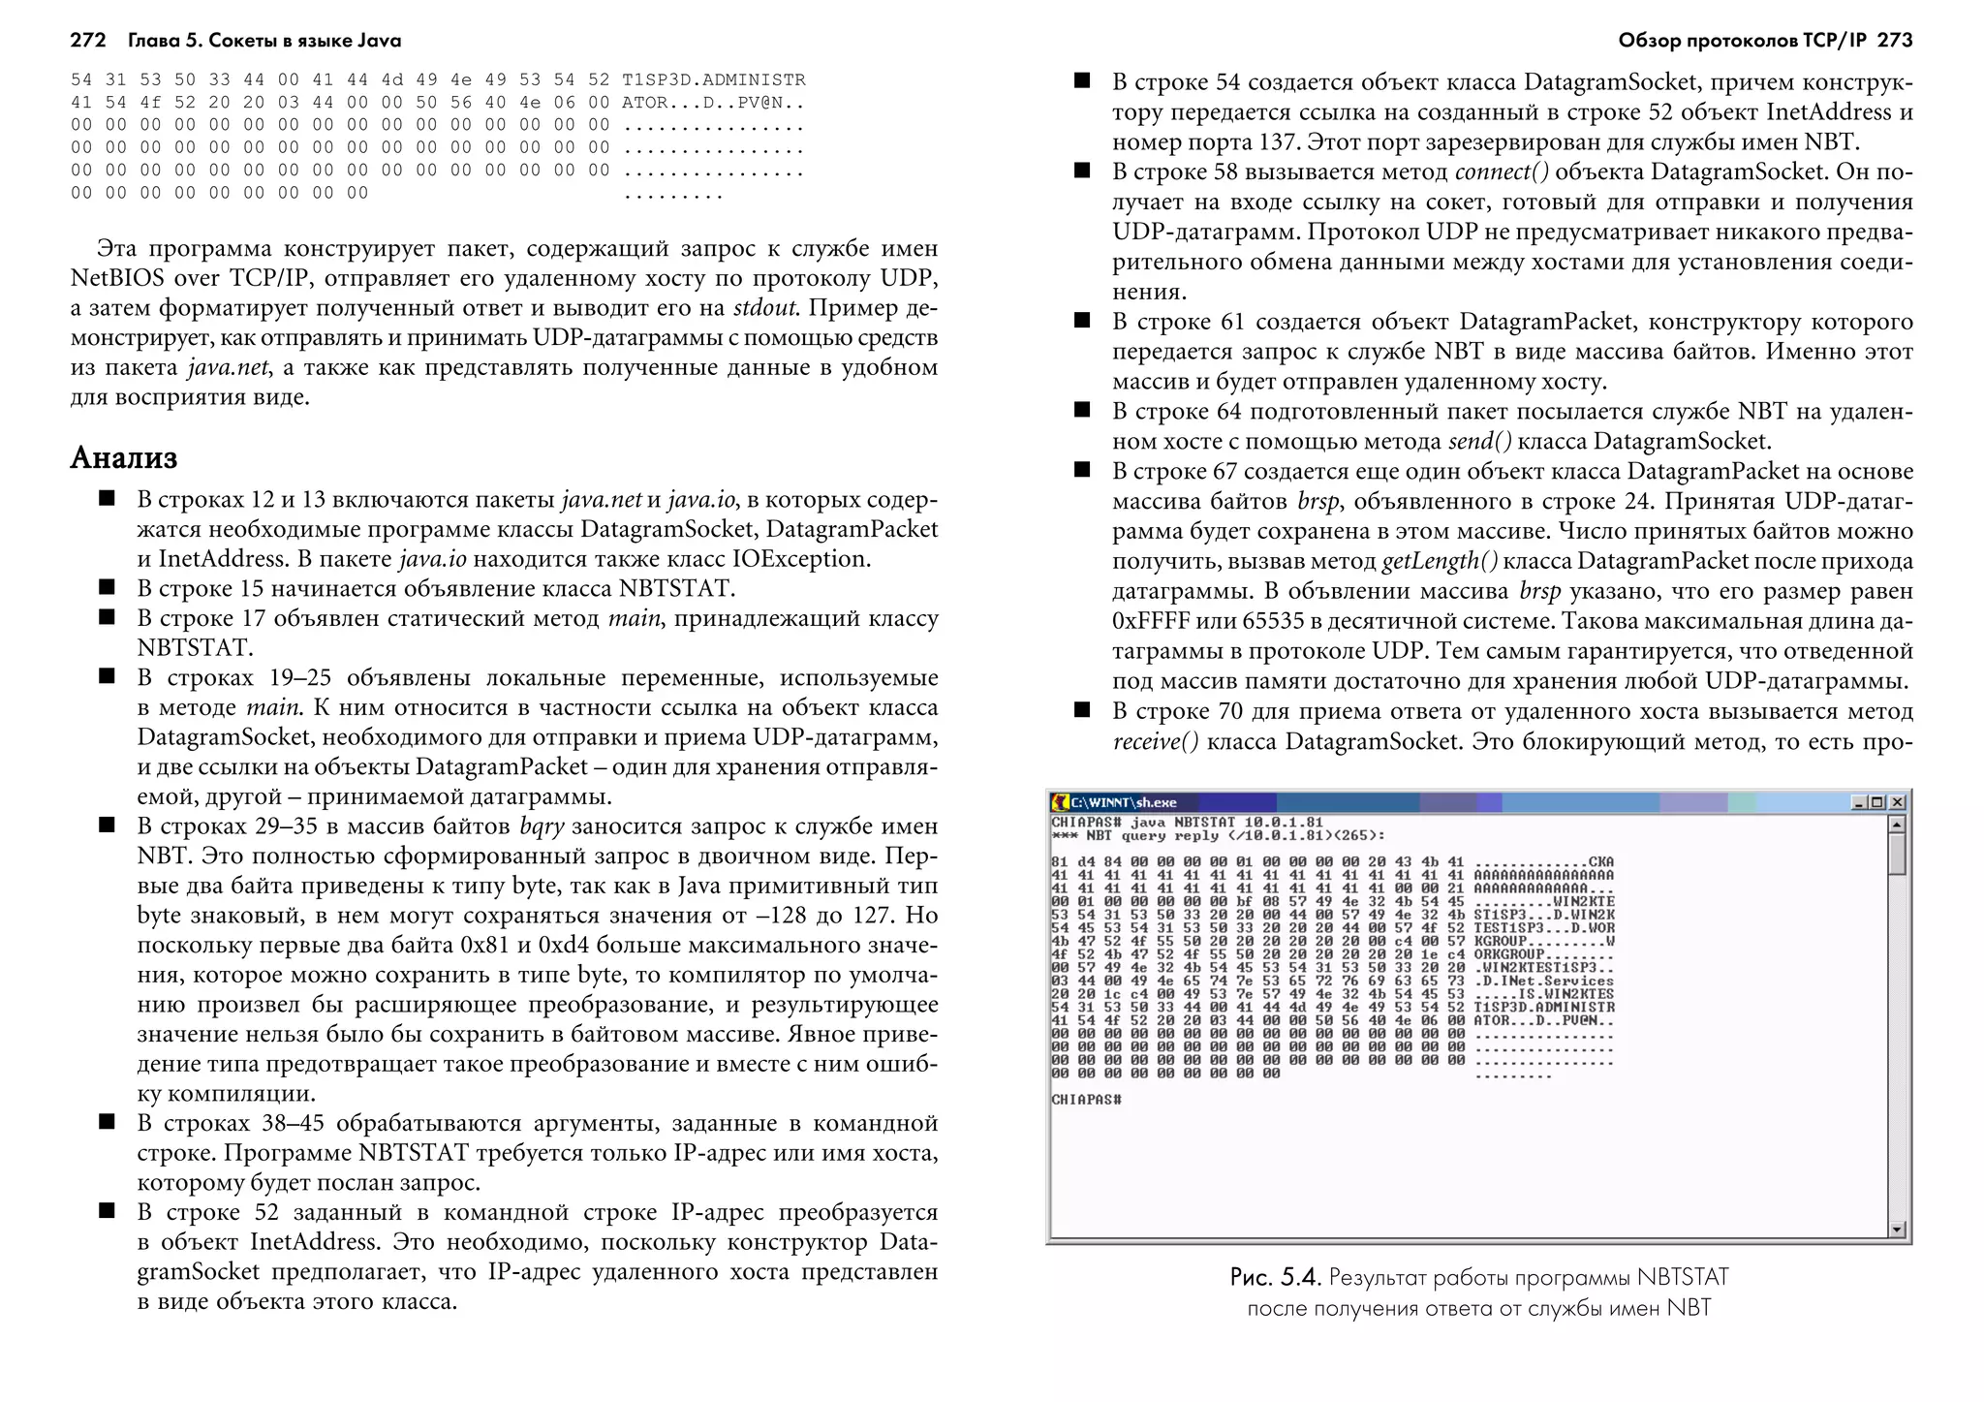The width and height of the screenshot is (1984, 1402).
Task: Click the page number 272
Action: tap(87, 41)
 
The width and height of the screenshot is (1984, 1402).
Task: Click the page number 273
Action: tap(1894, 41)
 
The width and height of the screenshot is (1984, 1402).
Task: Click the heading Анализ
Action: tap(123, 457)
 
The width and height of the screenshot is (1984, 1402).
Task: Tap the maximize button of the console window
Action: tap(1877, 802)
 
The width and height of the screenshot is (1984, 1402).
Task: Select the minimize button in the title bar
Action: tap(1858, 802)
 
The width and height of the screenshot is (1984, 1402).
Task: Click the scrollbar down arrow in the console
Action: tap(1897, 1229)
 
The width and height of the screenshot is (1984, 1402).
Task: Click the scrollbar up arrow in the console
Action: tap(1897, 825)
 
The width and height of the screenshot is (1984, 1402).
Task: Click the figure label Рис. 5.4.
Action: tap(1275, 1277)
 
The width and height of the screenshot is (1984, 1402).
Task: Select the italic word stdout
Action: tap(765, 308)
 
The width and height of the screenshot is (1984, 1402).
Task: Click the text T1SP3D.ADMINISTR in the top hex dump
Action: tap(713, 79)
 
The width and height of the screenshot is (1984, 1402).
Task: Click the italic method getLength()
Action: tap(1440, 561)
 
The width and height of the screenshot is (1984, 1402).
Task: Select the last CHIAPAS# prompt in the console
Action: tap(1086, 1100)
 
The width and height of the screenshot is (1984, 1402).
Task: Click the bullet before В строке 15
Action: tap(107, 588)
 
